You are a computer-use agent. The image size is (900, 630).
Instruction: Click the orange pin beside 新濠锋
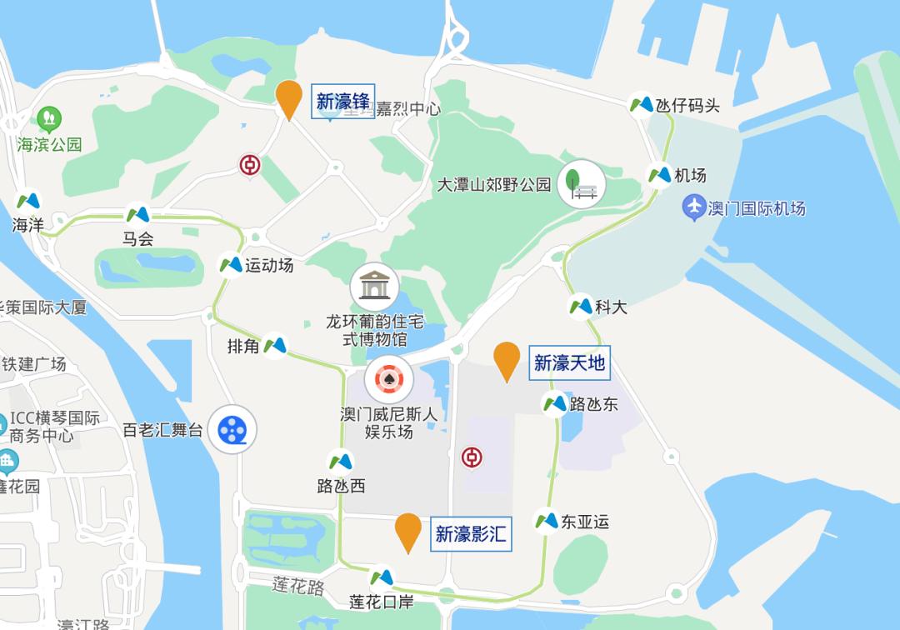tap(288, 98)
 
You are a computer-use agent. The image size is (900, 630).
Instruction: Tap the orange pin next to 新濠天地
tap(507, 360)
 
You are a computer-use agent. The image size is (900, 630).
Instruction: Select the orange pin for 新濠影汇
tap(407, 531)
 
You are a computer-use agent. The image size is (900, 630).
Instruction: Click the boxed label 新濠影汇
tap(471, 533)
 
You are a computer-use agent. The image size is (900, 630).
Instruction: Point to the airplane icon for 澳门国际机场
tap(693, 206)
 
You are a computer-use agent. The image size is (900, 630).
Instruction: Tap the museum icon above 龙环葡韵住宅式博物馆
tap(374, 287)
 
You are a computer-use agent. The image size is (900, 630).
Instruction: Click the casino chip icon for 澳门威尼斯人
tap(389, 380)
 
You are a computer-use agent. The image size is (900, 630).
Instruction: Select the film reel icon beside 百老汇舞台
tap(232, 430)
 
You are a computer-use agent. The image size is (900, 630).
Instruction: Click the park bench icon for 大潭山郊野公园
tap(581, 184)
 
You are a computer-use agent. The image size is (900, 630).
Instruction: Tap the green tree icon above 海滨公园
tap(49, 119)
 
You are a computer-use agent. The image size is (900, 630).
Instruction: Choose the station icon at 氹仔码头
tap(641, 104)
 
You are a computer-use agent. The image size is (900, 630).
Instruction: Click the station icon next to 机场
tap(659, 175)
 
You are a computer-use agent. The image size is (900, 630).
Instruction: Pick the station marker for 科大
tap(581, 307)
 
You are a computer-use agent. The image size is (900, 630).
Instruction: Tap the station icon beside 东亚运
tap(546, 521)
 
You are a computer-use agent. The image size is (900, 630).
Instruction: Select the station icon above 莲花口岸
tap(381, 577)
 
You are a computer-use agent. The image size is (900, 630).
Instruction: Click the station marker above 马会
tap(137, 215)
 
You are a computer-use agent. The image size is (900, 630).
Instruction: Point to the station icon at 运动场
tap(230, 265)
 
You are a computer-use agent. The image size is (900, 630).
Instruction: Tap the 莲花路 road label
tap(297, 586)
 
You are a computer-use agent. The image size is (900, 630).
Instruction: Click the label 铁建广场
tap(34, 364)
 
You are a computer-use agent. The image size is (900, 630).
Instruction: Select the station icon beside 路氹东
tap(555, 404)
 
